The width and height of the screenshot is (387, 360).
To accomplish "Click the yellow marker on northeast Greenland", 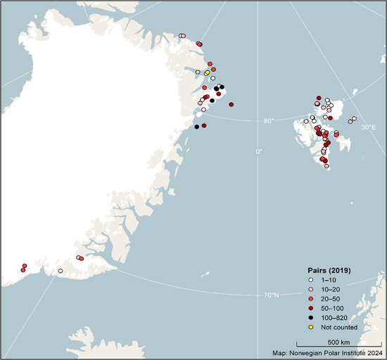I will point(207,73).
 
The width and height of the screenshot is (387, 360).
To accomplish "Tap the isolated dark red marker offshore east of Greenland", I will point(231,104).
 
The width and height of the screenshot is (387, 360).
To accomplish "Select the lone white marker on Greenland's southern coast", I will point(61,271).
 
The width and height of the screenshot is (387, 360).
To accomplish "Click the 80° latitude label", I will point(269,120).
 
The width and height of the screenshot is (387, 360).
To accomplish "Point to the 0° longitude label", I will point(258,151).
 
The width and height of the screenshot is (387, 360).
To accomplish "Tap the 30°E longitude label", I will point(369,128).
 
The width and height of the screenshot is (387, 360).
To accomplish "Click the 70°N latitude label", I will point(272,294).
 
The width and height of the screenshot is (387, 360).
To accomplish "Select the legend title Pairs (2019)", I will point(330,271).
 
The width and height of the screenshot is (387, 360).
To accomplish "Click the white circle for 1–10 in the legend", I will point(310,280).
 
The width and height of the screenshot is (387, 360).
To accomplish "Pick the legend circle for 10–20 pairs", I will point(310,290).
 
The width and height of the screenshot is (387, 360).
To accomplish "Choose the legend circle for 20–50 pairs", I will point(310,299).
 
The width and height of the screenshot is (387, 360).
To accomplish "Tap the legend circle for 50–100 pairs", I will point(310,308).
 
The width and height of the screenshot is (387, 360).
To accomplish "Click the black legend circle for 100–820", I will point(310,317).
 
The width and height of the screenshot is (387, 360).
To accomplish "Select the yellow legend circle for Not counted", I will point(310,327).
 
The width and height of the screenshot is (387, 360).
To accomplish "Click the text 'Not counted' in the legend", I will point(339,327).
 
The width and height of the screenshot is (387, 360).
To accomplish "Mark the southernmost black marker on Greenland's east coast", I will point(197,127).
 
